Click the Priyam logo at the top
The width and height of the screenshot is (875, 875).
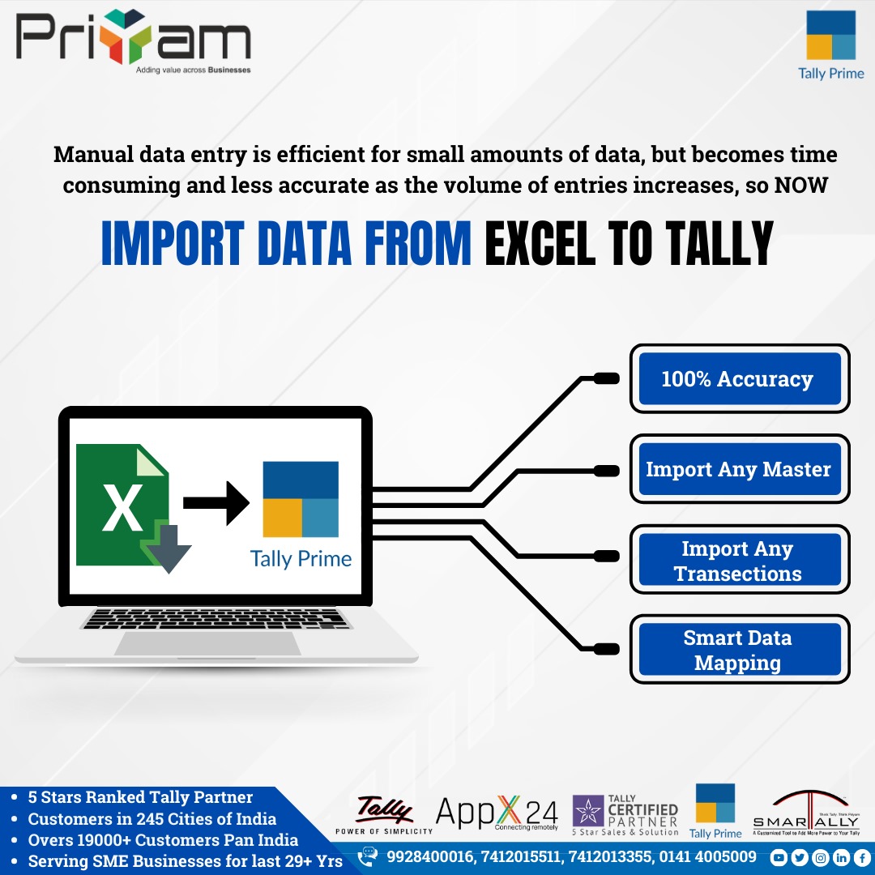coord(133,41)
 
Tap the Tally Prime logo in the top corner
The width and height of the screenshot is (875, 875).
coord(830,45)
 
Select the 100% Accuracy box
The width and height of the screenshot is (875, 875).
coord(740,378)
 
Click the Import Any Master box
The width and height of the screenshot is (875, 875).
coord(740,469)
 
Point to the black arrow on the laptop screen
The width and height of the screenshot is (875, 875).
coord(216,503)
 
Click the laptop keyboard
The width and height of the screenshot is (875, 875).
coord(217,618)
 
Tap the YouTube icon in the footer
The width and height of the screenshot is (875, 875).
coord(779,856)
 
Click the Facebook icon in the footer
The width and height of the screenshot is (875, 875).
coord(860,856)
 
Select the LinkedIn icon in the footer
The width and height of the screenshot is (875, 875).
coord(840,856)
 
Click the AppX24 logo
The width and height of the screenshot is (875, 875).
coord(497,812)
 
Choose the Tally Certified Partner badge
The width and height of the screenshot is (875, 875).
coord(625,813)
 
